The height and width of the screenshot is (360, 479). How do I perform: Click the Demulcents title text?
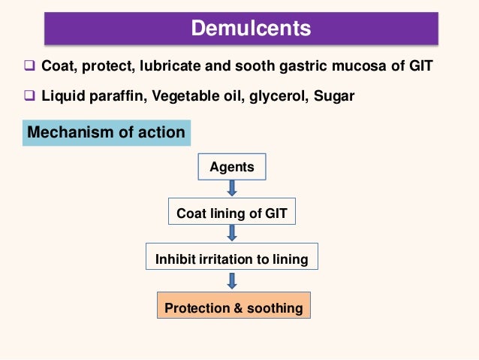point(251,29)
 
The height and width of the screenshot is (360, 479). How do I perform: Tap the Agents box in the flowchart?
point(232,167)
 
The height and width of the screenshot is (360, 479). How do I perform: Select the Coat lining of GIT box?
point(231,213)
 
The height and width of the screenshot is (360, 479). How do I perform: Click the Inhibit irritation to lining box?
point(231,260)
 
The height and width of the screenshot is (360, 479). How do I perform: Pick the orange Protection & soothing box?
point(233,307)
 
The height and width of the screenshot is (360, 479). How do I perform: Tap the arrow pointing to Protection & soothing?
point(232,282)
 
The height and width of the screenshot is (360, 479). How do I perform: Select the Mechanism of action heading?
point(106,133)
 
